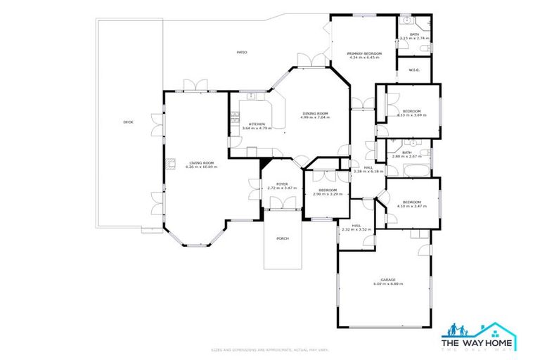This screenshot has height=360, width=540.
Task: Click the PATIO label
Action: tap(241, 52)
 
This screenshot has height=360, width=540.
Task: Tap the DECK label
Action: tap(128, 122)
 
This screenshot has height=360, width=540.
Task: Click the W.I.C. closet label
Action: tap(414, 70)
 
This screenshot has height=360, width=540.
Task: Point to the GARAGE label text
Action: tap(388, 279)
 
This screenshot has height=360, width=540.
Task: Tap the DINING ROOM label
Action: tap(315, 113)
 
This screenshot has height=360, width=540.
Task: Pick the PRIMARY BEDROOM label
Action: tap(364, 53)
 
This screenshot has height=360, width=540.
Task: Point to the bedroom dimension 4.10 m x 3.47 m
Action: tap(411, 206)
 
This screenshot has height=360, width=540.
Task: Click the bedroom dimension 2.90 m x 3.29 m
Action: tap(328, 193)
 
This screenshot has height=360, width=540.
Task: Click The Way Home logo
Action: tap(478, 337)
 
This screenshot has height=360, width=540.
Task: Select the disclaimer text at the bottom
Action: tap(270, 349)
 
